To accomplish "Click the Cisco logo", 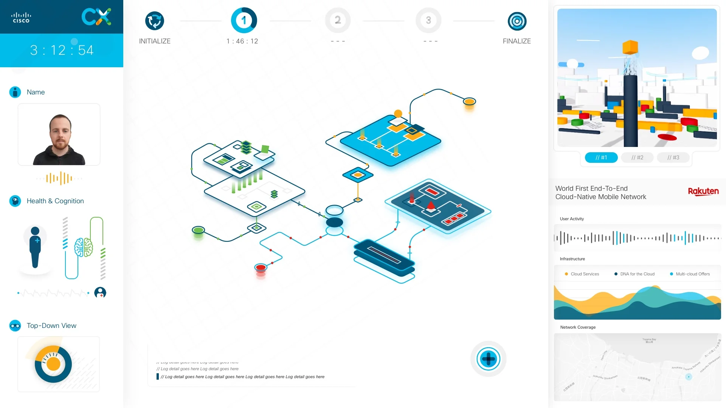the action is tap(21, 17).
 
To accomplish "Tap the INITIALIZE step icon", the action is tap(154, 21).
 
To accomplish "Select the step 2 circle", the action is tap(338, 20).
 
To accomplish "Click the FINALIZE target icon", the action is tap(517, 21).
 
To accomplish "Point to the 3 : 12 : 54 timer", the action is tap(62, 50).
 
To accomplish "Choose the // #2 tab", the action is tap(637, 158).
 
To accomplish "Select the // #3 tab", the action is tap(673, 158).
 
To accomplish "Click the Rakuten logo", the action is tap(703, 192).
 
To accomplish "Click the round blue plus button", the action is tap(488, 359).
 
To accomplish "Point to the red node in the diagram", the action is tap(261, 268).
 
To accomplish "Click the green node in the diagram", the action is tap(198, 230).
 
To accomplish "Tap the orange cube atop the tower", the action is tap(630, 48).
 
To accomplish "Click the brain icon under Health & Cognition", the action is tap(83, 247).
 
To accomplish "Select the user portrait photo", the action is tap(59, 135).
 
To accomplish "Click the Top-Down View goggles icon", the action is tap(15, 326).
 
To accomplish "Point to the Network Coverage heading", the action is tap(578, 327).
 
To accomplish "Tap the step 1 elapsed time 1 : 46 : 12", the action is tap(242, 41).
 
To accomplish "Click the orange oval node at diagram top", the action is tap(469, 102).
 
